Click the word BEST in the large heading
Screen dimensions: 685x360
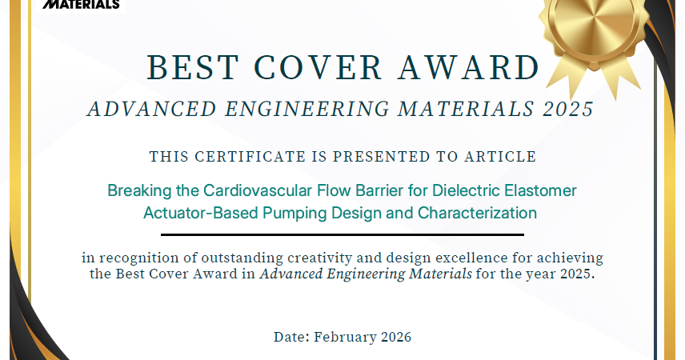(193, 68)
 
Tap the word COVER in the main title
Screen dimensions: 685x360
(318, 68)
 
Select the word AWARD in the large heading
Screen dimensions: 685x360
(469, 68)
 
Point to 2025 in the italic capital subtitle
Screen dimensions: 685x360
(568, 109)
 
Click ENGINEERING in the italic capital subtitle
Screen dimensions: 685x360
(307, 109)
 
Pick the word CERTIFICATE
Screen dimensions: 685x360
(250, 157)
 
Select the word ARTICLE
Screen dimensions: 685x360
(500, 157)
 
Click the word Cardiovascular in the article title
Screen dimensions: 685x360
(258, 190)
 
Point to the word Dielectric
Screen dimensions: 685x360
(466, 190)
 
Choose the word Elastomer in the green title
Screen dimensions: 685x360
(540, 190)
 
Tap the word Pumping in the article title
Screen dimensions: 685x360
(294, 214)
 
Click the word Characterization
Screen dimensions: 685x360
(477, 213)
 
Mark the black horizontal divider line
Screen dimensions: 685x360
(342, 234)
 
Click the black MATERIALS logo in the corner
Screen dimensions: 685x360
(81, 4)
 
